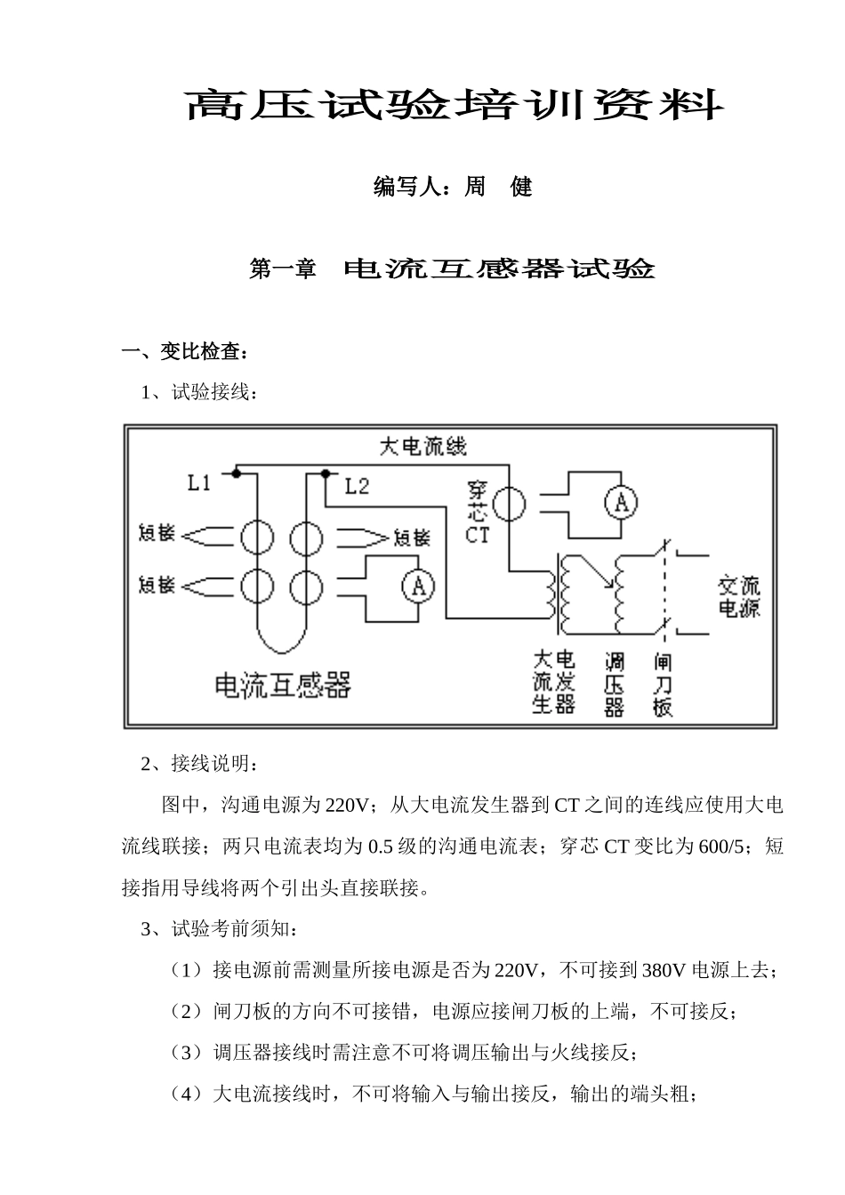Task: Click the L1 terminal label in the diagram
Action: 198,483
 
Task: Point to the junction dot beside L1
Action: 236,473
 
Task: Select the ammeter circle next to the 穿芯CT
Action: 621,504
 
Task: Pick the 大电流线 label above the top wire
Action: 422,446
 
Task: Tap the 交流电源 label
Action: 739,597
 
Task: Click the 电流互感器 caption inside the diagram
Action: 284,685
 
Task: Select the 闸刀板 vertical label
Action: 663,685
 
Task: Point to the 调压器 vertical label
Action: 614,685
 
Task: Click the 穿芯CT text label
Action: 478,512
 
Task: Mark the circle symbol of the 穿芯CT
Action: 510,504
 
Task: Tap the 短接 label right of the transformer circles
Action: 411,538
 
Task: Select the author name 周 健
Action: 498,187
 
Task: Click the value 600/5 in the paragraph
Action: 721,846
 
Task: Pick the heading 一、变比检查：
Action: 185,352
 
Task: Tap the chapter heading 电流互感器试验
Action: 499,269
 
